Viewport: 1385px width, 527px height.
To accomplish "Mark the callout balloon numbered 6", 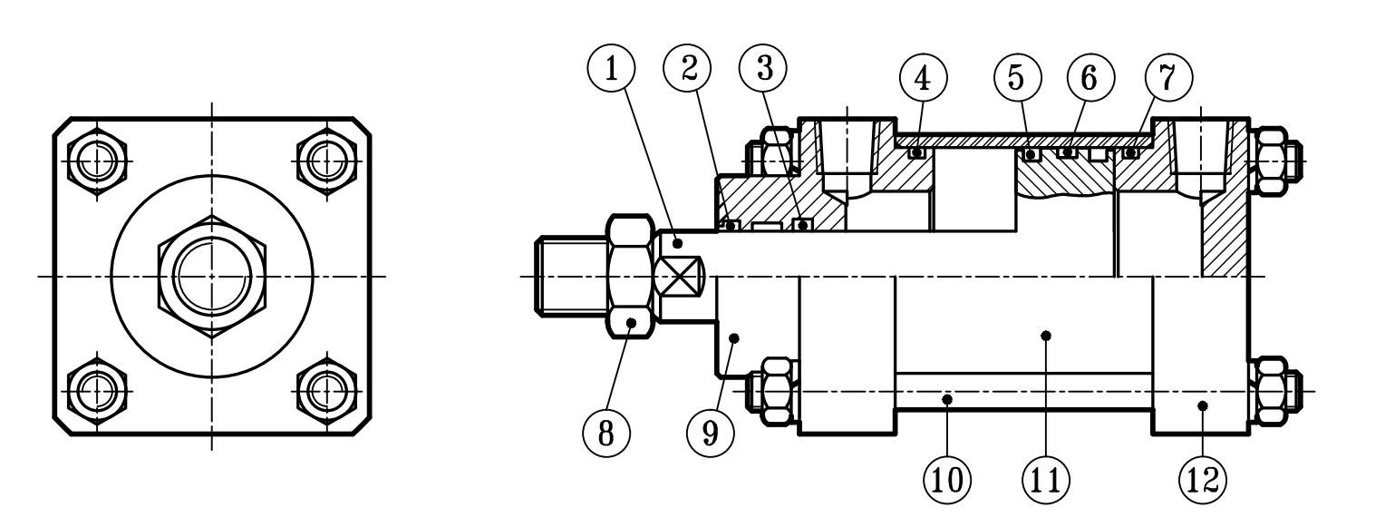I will [x=1089, y=78].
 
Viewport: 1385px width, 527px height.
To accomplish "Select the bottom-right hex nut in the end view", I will [x=324, y=391].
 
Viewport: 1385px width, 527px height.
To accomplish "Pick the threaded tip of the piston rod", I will [x=568, y=276].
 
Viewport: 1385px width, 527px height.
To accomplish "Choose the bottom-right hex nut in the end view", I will [x=324, y=391].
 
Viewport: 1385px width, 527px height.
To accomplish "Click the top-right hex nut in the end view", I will [x=324, y=161].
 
